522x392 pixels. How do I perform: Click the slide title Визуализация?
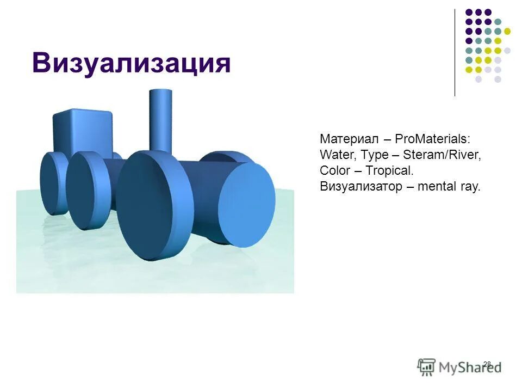coord(131,63)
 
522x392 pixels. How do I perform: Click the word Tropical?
coord(389,170)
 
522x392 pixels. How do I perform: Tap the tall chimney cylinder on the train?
coord(161,120)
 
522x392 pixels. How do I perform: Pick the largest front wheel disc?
coord(154,210)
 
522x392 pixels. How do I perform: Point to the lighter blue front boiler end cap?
coord(247,205)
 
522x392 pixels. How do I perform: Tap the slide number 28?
coord(487,364)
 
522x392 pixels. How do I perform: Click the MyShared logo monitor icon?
coord(427,366)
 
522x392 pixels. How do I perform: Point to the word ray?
coord(471,186)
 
